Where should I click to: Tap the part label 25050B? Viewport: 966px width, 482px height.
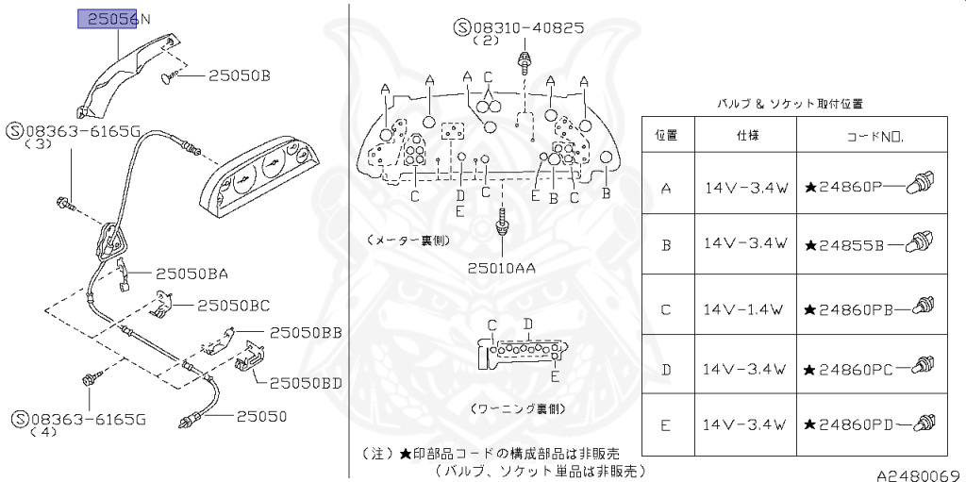click(239, 75)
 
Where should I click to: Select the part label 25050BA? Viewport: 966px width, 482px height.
click(192, 274)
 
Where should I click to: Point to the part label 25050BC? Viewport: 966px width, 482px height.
click(233, 306)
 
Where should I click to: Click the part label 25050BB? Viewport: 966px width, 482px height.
click(305, 333)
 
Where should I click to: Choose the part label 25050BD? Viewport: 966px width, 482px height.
click(305, 383)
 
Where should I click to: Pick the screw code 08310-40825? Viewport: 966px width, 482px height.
click(529, 27)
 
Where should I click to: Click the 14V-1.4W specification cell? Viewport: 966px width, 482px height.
click(745, 308)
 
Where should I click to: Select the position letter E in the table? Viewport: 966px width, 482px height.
click(666, 425)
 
